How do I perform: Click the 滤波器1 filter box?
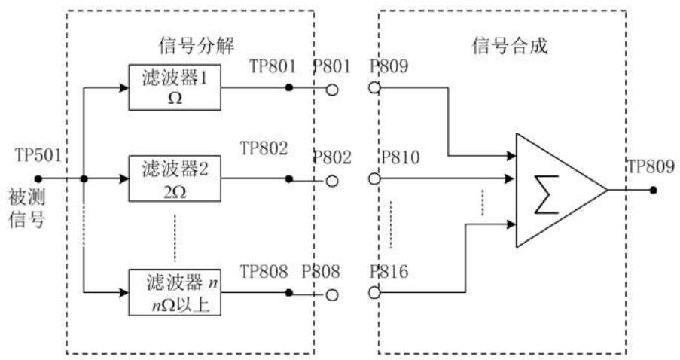pos(175,87)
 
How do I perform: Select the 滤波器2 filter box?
pos(175,179)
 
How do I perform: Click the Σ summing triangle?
pos(554,189)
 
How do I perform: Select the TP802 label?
pos(264,148)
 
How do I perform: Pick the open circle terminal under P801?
pos(332,88)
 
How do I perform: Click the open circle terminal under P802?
pos(332,180)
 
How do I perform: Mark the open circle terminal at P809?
pos(374,88)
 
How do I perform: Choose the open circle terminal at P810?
pos(374,180)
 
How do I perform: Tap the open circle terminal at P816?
pos(374,292)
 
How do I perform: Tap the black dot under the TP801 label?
pos(289,88)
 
